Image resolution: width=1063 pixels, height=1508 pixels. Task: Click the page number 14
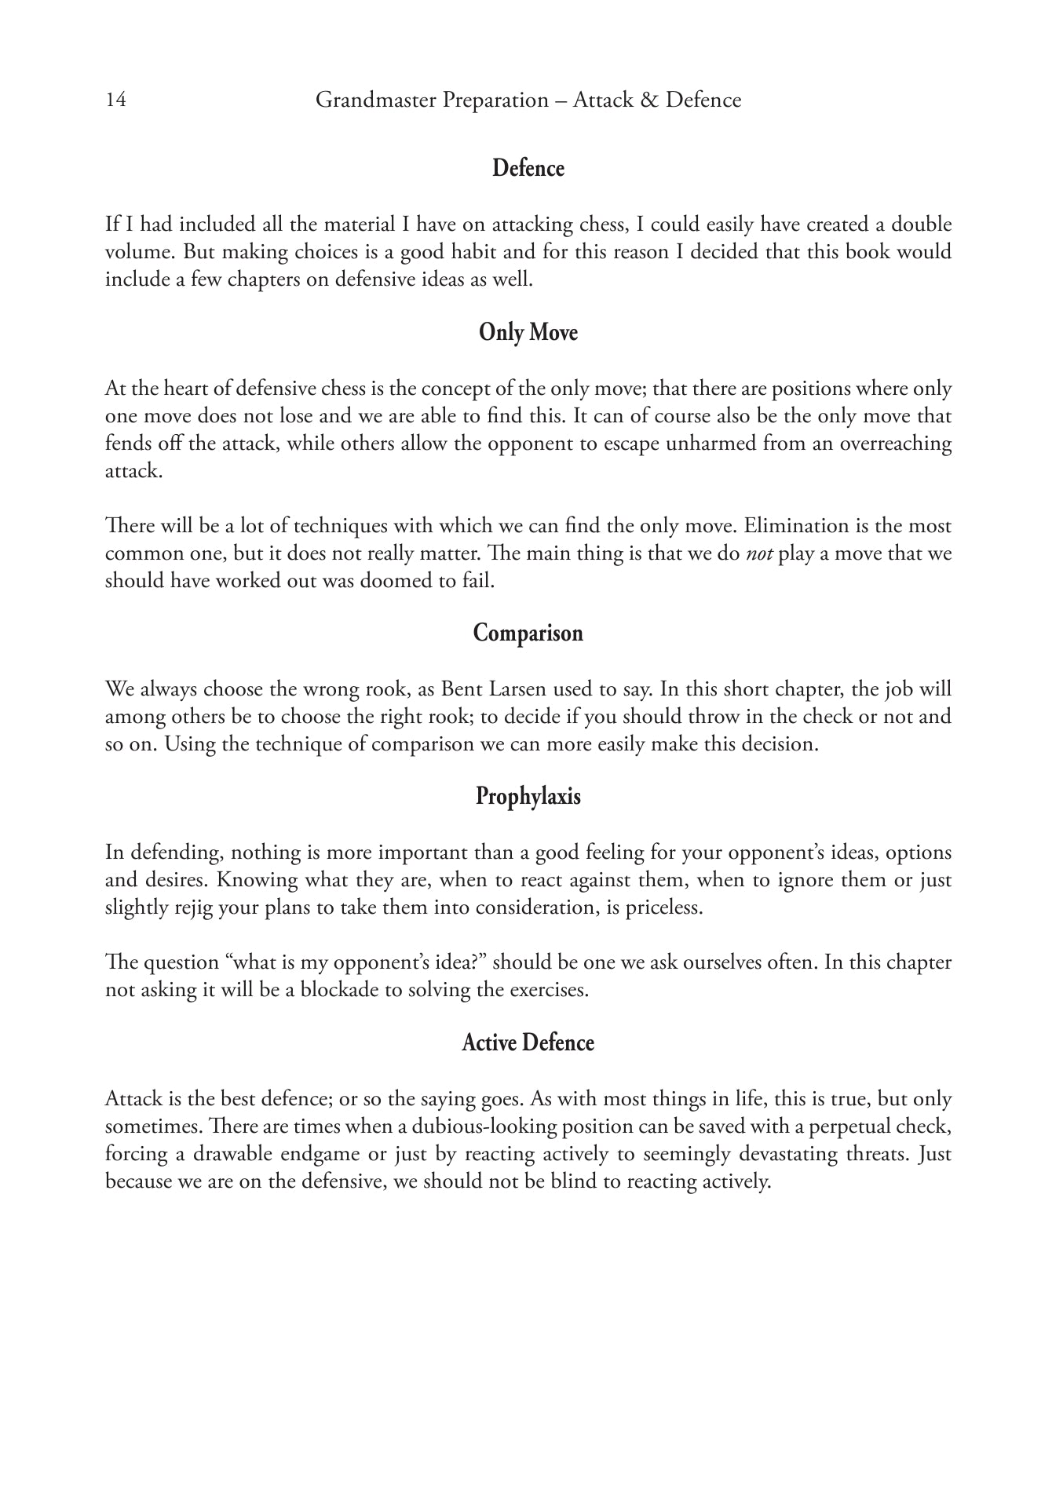[115, 100]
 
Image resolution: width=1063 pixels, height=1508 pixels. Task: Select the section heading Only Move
[528, 333]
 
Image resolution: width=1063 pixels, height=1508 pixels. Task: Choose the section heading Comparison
[528, 634]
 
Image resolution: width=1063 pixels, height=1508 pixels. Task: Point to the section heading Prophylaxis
[528, 797]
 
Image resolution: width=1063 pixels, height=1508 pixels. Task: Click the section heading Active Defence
[528, 1043]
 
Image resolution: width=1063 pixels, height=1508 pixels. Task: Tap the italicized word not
[758, 553]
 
